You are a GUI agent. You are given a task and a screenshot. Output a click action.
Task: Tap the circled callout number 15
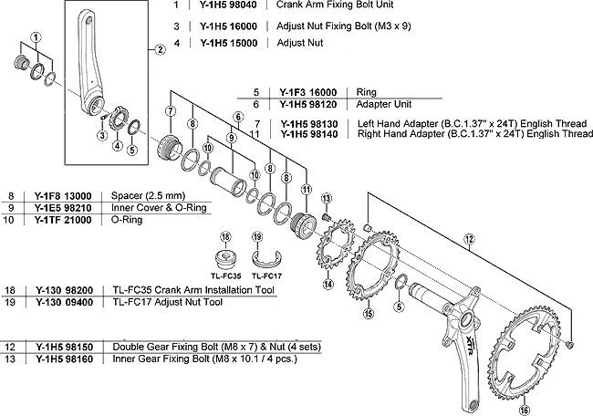(369, 315)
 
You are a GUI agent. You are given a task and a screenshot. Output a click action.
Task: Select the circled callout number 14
(326, 285)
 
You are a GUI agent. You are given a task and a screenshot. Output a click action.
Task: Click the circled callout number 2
(161, 50)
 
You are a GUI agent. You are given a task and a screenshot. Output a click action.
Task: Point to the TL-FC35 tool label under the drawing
(224, 275)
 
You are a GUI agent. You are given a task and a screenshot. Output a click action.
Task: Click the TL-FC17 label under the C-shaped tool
(266, 275)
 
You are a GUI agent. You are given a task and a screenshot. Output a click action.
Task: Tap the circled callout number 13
(327, 199)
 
